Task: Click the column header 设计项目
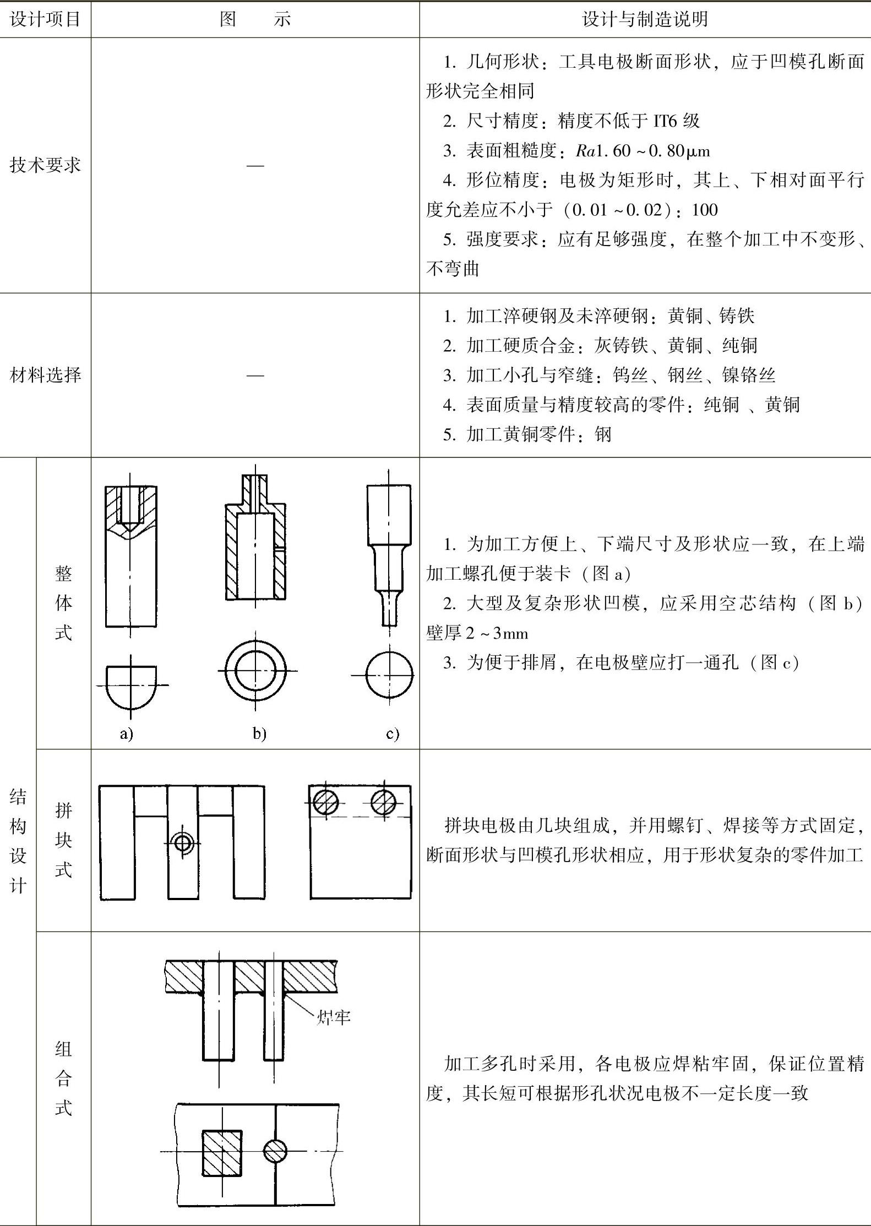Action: tap(45, 19)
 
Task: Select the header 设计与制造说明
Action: tap(644, 19)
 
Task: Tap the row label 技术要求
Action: tap(45, 165)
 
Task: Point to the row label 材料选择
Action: tap(45, 375)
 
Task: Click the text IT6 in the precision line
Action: tap(665, 121)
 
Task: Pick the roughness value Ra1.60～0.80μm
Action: tap(643, 150)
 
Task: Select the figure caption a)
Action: tap(127, 733)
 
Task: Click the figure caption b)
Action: tap(259, 733)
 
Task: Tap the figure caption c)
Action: tap(392, 733)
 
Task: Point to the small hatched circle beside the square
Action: tap(275, 1151)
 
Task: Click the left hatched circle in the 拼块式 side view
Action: tap(325, 802)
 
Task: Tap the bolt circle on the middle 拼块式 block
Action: tap(182, 843)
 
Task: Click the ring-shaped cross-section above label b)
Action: tap(255, 671)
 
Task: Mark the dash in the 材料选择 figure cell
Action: tap(255, 375)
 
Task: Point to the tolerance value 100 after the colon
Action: tap(705, 210)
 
